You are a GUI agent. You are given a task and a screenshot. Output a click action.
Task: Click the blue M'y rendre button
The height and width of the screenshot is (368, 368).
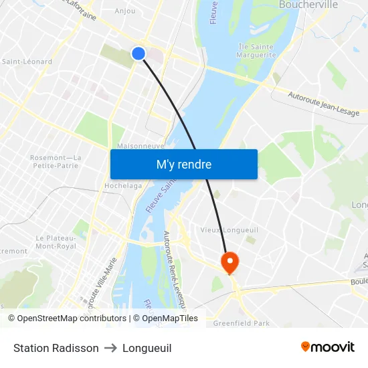(x=183, y=164)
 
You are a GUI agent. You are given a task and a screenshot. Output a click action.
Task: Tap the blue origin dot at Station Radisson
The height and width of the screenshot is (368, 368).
(x=139, y=54)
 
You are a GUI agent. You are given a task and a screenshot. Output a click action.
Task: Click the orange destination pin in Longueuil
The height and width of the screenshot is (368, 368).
(x=229, y=262)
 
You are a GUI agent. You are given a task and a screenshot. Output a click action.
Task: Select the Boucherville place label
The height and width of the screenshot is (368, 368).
(x=308, y=5)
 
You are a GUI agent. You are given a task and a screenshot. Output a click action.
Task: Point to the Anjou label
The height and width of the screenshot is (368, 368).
(x=125, y=11)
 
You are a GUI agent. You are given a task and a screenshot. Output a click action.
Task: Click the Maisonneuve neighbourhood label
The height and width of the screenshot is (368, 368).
(x=140, y=145)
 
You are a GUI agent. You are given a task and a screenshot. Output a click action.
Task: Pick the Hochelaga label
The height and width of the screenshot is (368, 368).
(x=121, y=185)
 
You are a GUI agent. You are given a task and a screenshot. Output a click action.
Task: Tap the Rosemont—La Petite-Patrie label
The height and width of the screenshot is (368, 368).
(x=56, y=161)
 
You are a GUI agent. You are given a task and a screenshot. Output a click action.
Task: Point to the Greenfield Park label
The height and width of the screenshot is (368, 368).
(x=241, y=323)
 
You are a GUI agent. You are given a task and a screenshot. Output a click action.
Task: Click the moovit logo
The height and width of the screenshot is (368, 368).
(x=327, y=347)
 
